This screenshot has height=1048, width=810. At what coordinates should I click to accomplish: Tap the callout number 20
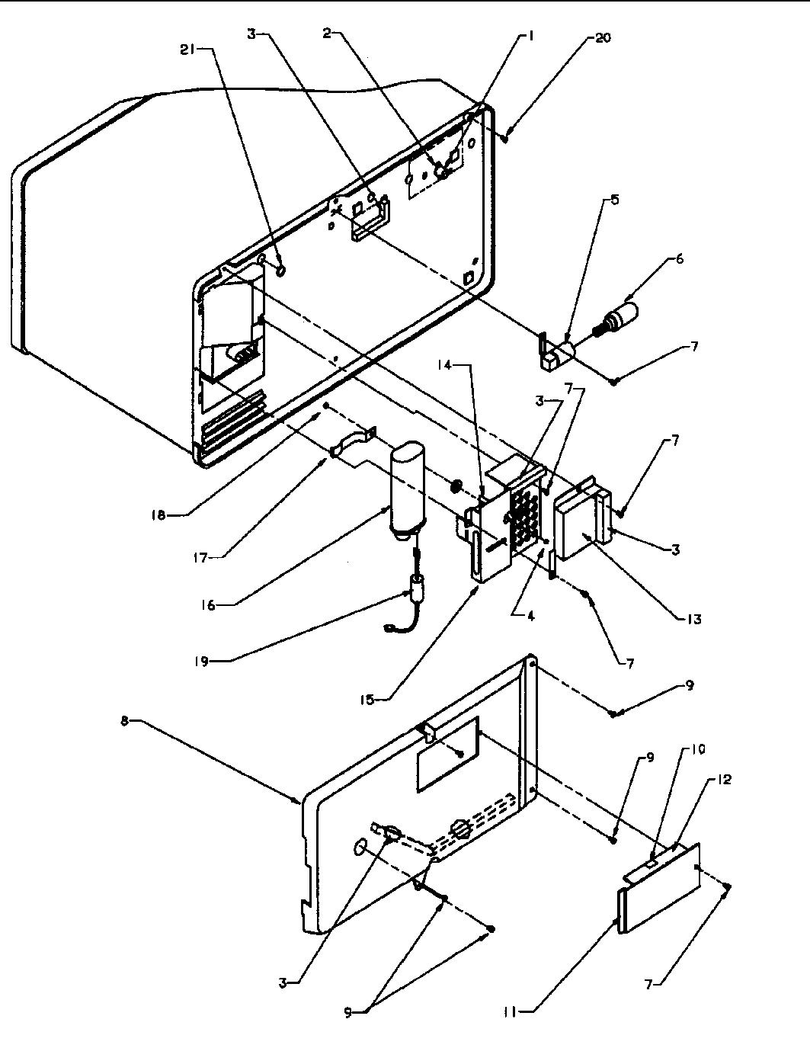pos(602,37)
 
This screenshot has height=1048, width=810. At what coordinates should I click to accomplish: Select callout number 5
pos(613,200)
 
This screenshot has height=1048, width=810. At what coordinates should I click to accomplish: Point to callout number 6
pos(678,259)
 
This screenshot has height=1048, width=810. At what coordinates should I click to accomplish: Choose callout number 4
pos(527,616)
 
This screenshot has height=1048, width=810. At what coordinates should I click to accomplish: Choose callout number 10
pos(699,749)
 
